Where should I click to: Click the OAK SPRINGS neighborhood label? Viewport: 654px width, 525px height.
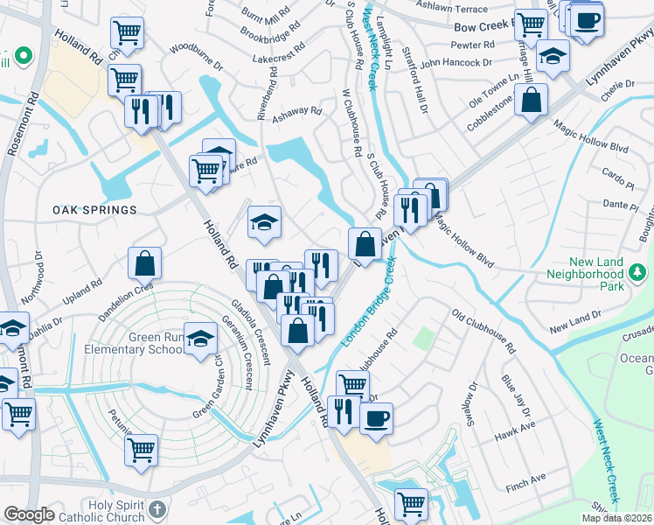point(94,210)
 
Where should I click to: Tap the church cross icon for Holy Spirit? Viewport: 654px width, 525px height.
point(157,509)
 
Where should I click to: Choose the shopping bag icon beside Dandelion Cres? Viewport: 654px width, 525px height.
point(144,261)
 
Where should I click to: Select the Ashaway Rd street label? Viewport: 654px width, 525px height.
point(297,112)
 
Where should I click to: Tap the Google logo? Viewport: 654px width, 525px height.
point(28,514)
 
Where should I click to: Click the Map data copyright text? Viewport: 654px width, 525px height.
point(616,518)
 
